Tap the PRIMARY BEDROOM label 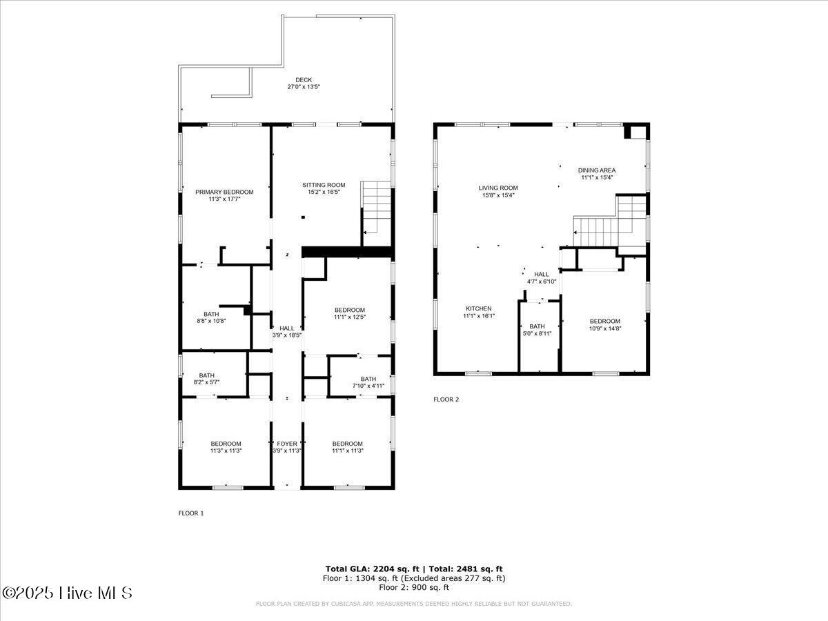224,192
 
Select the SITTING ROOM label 324,185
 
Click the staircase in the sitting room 377,206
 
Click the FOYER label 287,444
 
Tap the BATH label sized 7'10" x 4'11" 368,378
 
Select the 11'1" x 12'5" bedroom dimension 349,317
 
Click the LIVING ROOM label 498,188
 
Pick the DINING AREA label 597,170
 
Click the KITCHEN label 478,308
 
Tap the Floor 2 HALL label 542,274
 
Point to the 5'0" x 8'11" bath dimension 537,333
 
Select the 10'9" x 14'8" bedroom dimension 604,328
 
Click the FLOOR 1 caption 191,513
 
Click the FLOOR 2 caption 446,400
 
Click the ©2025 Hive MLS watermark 67,593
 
